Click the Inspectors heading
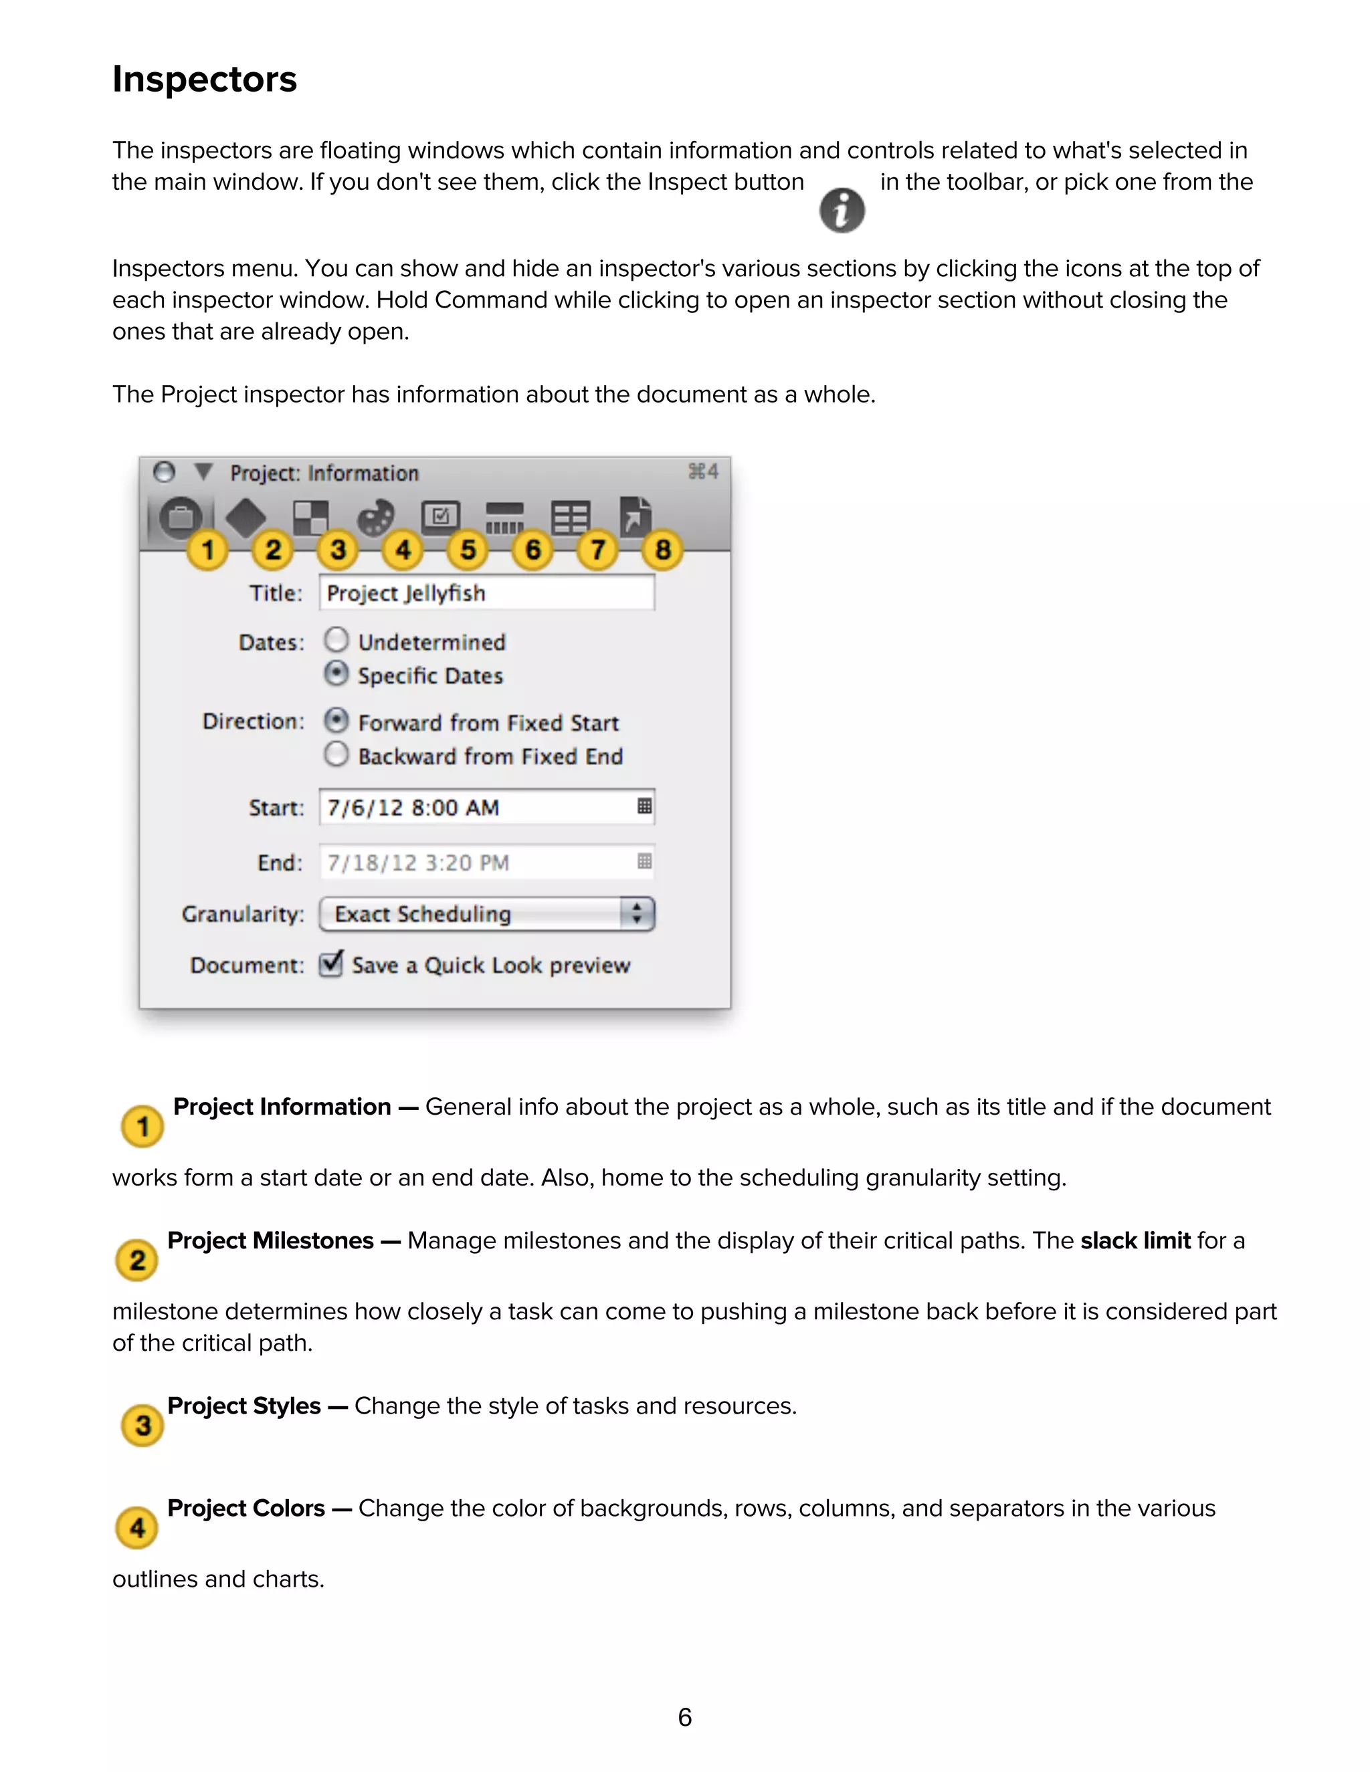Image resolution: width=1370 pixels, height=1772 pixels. point(205,80)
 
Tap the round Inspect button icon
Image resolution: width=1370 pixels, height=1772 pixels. point(842,211)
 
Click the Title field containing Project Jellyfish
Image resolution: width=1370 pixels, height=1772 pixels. point(487,593)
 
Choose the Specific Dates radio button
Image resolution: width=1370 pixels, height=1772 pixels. point(336,673)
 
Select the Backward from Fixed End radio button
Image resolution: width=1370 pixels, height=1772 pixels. point(336,754)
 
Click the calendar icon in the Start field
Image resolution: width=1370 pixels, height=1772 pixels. point(644,806)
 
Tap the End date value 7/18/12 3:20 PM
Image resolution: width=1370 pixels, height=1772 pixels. point(418,863)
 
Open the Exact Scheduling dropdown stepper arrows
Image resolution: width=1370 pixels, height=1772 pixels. point(637,913)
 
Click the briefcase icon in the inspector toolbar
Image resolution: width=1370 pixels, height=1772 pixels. point(180,517)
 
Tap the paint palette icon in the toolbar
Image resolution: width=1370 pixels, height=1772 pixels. point(376,517)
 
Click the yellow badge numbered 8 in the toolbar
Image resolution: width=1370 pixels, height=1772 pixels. point(662,550)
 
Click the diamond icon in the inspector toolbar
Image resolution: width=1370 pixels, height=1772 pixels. point(245,517)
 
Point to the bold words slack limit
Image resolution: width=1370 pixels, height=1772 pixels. point(1135,1240)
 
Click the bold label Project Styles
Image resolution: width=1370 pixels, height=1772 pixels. point(243,1406)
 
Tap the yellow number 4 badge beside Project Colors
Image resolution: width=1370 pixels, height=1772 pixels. point(137,1528)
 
